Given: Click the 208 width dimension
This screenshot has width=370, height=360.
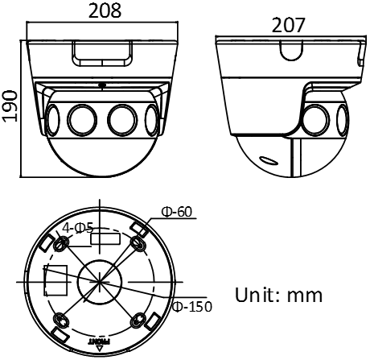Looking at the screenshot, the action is point(105,10).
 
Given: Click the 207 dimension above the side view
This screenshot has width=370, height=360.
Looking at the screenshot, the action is point(288,25).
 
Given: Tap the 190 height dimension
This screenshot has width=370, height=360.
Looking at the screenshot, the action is point(10,106).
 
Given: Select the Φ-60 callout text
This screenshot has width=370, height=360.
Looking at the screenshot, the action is point(177,212).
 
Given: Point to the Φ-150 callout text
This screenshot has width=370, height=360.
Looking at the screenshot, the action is point(192,306).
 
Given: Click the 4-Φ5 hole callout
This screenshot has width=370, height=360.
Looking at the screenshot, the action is point(78,228).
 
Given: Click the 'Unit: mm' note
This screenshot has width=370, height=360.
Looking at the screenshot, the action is point(278,295).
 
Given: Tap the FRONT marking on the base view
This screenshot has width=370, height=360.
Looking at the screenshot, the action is point(99,341).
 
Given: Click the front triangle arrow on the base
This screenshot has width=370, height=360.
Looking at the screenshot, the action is point(100,349).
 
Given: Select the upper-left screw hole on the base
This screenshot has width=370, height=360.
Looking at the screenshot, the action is point(61,244).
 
